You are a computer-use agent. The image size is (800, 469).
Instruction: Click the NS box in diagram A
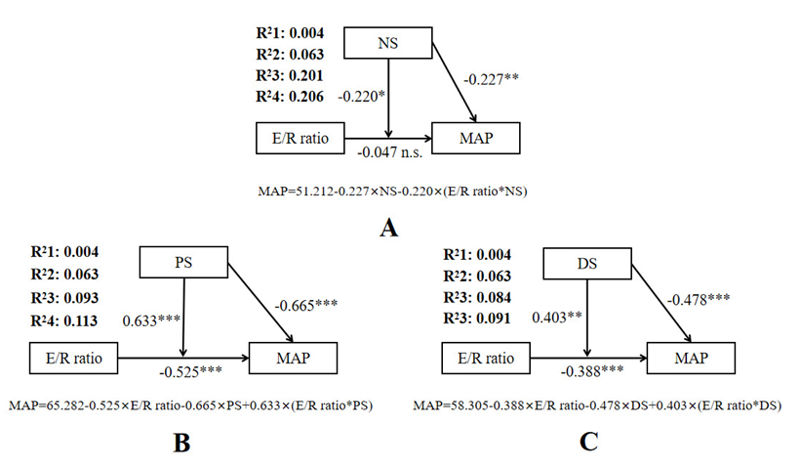point(390,42)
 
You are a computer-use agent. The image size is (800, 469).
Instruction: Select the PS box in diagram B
point(182,263)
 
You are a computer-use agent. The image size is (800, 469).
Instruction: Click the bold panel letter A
point(389,229)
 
